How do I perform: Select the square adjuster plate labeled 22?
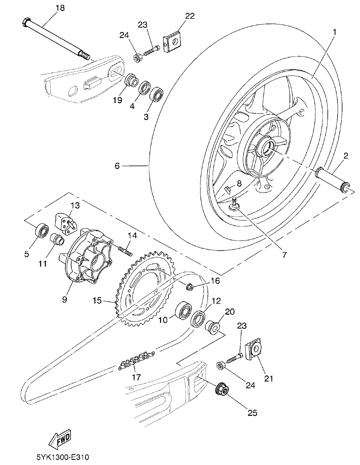[173, 41]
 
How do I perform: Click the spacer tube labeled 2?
[333, 179]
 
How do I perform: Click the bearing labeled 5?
[41, 231]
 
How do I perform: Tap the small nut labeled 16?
[190, 286]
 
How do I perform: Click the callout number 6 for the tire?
[117, 165]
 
